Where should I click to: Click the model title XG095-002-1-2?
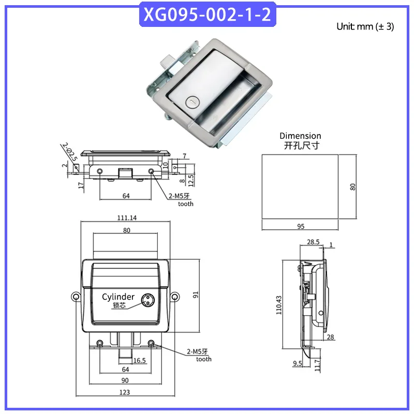(208, 14)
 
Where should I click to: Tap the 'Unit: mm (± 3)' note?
(365, 27)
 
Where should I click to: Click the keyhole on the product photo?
(192, 102)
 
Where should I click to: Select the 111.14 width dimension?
(127, 218)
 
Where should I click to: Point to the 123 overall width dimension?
(125, 392)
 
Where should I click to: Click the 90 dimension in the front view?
(125, 380)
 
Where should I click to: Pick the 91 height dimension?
(196, 295)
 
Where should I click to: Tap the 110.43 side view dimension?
(279, 305)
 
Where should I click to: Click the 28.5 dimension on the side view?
(313, 242)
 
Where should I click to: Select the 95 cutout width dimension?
(301, 227)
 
